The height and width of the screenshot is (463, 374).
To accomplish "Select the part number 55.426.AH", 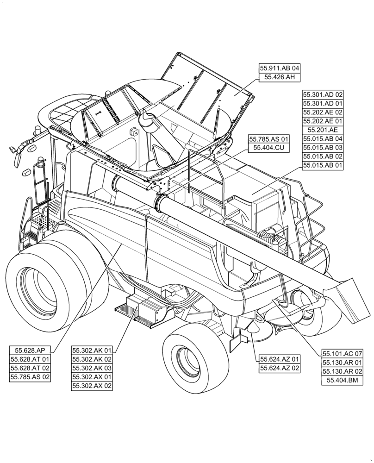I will pyautogui.click(x=280, y=78).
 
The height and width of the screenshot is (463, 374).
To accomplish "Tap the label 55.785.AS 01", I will pyautogui.click(x=269, y=139).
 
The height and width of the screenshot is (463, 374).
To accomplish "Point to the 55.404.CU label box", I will pyautogui.click(x=269, y=148).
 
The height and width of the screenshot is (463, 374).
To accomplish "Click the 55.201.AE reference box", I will pyautogui.click(x=323, y=130).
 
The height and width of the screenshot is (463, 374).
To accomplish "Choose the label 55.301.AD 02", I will pyautogui.click(x=323, y=94).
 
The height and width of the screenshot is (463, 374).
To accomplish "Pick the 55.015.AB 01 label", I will pyautogui.click(x=323, y=165).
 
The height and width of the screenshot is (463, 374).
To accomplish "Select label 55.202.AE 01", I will pyautogui.click(x=323, y=121).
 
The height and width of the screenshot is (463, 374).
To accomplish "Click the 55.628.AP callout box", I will pyautogui.click(x=30, y=350).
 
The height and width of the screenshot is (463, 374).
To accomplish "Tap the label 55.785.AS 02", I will pyautogui.click(x=30, y=377).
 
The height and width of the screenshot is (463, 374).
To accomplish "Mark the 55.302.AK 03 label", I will pyautogui.click(x=92, y=368).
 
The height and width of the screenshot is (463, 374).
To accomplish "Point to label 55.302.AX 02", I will pyautogui.click(x=92, y=386).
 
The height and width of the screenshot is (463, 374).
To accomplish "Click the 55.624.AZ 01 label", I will pyautogui.click(x=280, y=359).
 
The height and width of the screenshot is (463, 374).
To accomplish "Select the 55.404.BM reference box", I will pyautogui.click(x=343, y=381).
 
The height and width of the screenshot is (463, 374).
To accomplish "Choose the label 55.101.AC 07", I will pyautogui.click(x=343, y=354).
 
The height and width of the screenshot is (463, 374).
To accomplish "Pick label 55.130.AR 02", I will pyautogui.click(x=343, y=372).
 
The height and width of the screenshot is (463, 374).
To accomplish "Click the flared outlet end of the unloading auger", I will pyautogui.click(x=349, y=299).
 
